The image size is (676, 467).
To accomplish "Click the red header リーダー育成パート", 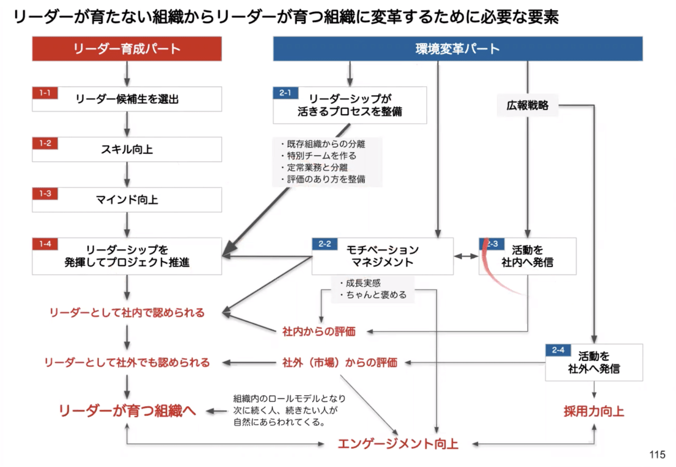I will point(127,49).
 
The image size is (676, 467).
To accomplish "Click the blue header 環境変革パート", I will point(457,49).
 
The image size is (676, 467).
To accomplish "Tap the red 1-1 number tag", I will point(44,93).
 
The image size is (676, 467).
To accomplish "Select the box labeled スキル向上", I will point(127,150).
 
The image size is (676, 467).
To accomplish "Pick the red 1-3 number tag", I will point(44,193).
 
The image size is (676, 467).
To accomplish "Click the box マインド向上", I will point(127,200).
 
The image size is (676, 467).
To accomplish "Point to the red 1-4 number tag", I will point(44,244).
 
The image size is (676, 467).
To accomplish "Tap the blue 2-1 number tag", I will point(286,93).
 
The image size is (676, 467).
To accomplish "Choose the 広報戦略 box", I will point(527,106).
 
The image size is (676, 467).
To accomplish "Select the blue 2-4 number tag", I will point(558,350).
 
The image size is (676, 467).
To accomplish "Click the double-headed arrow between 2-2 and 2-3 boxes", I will point(466,256).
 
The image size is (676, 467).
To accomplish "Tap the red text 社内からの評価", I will point(319,332).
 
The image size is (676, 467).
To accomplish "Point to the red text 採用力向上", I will point(594,412).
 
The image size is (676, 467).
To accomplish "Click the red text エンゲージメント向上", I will point(398,444).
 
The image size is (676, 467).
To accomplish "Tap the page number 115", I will point(657,455).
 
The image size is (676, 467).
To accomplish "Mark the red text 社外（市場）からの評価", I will point(340,363).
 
